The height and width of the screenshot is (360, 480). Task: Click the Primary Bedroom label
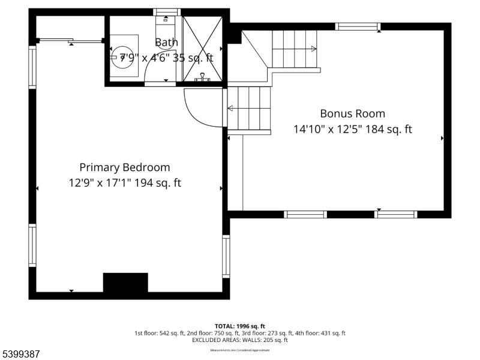point(125,167)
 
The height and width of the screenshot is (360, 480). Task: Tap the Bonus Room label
point(352,113)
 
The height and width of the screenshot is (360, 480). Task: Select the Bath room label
point(166,43)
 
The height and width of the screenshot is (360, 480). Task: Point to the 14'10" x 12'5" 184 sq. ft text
point(352,129)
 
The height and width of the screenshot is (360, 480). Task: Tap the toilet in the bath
point(165,24)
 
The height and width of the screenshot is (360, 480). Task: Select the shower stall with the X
point(202,48)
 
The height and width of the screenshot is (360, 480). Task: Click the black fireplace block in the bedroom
point(125,283)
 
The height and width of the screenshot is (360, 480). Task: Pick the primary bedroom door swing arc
point(201,108)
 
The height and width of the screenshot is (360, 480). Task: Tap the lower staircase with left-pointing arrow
point(248,108)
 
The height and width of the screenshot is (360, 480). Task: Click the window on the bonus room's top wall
point(358,26)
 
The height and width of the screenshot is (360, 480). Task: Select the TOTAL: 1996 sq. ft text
point(239,326)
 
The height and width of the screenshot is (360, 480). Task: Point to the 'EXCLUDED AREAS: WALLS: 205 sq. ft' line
point(239,340)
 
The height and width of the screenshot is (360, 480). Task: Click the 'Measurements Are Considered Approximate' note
point(239,349)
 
